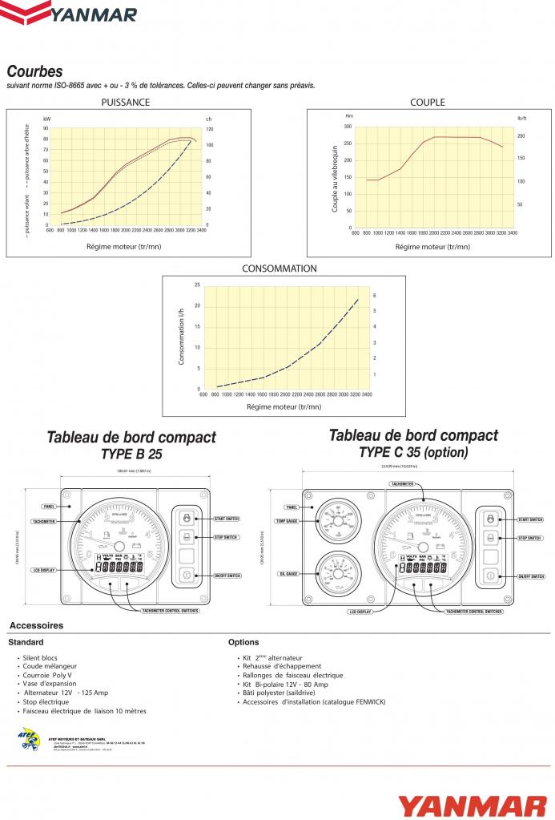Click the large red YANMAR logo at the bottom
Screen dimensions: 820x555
pos(472,804)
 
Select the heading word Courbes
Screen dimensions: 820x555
pos(34,72)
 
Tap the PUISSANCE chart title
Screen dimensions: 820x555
pos(125,102)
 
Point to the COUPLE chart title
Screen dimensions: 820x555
pos(427,102)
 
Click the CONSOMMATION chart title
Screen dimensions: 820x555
pos(279,269)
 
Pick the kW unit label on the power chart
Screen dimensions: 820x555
pos(47,119)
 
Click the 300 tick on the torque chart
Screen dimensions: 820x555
pos(348,126)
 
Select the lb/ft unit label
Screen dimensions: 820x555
pos(521,118)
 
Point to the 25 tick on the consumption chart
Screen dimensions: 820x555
pos(197,285)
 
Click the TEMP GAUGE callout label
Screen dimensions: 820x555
pos(286,521)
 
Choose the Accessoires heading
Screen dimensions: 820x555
pos(36,625)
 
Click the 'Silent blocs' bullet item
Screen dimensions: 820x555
pos(40,657)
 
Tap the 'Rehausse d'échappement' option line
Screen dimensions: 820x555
pos(282,666)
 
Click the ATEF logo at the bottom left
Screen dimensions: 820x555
pos(29,738)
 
